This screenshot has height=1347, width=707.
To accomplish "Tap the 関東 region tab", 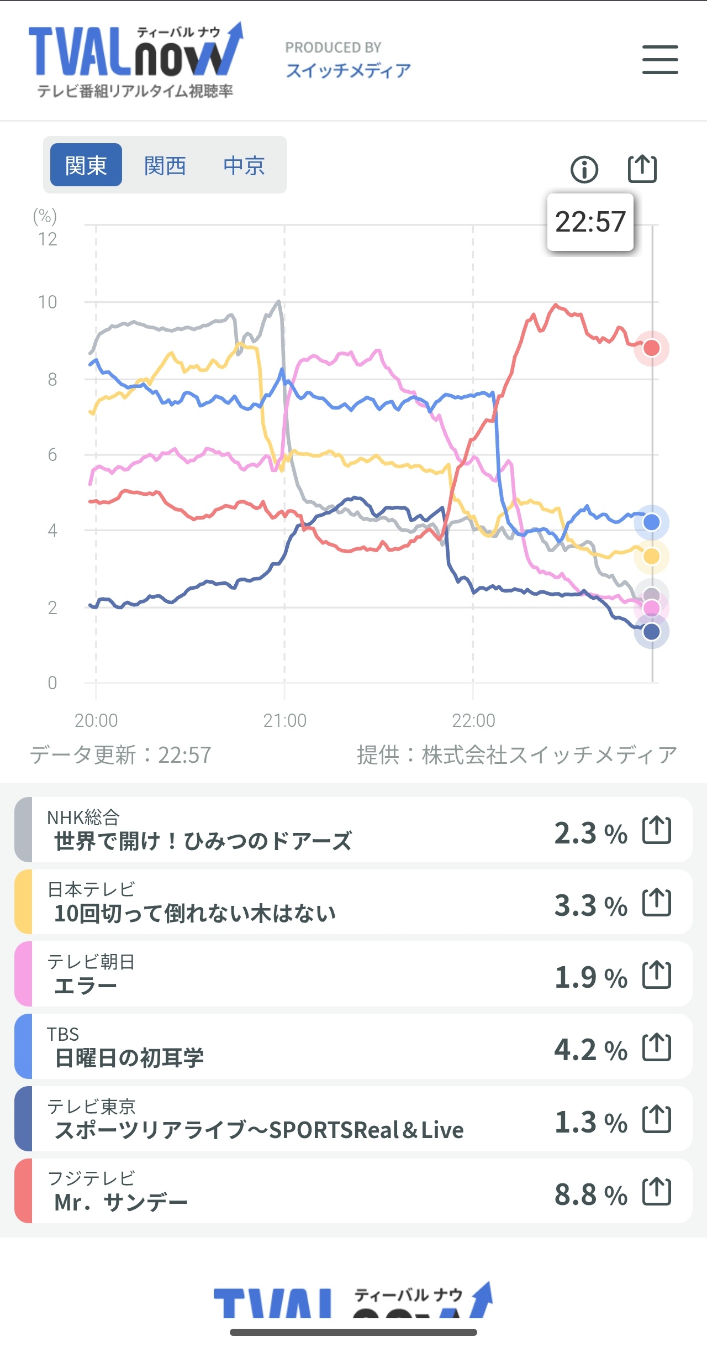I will click(x=86, y=165).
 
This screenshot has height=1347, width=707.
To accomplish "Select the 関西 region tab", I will click(x=165, y=165).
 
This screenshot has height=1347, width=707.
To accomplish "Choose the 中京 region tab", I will click(x=244, y=165).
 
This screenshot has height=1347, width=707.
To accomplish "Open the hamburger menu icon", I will click(x=660, y=60).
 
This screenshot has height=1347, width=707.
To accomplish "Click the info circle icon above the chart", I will click(x=584, y=169).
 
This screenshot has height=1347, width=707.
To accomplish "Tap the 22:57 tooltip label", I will click(x=590, y=222).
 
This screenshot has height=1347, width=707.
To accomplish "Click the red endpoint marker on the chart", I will click(x=652, y=348).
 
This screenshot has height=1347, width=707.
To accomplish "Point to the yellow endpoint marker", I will click(x=652, y=557).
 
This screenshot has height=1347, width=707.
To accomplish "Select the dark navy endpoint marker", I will click(x=652, y=631).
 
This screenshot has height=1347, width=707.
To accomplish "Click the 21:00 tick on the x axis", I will click(x=284, y=720).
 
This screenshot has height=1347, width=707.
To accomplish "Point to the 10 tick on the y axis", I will click(x=48, y=302).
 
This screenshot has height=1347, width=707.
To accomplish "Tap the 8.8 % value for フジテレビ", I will click(x=590, y=1194).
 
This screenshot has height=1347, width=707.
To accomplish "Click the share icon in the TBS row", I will click(x=657, y=1047).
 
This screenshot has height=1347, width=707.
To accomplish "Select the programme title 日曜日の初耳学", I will click(x=129, y=1057).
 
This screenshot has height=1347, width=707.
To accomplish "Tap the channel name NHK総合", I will click(x=83, y=817).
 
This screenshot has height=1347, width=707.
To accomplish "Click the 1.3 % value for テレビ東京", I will click(x=590, y=1122).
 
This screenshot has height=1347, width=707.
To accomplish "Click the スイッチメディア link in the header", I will click(x=348, y=70).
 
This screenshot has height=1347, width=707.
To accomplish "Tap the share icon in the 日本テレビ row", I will click(x=657, y=903).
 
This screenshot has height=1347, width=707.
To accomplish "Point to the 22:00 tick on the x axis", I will click(x=473, y=720).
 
